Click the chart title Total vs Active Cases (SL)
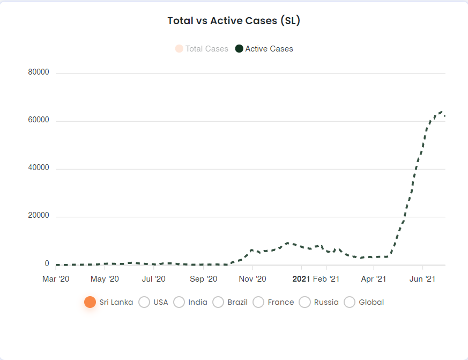(x=234, y=20)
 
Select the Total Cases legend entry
(x=202, y=49)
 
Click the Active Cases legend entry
(x=264, y=49)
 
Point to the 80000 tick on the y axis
(x=39, y=72)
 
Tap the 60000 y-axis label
(x=39, y=120)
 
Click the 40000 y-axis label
(x=39, y=167)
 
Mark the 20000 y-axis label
(x=39, y=215)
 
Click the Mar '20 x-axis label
(x=56, y=279)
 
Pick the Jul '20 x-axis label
(x=153, y=279)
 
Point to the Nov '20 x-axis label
(x=252, y=279)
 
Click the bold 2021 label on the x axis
(x=301, y=279)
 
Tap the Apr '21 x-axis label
(x=374, y=279)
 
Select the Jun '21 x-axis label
(x=422, y=279)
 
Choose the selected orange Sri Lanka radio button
(x=90, y=302)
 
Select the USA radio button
(x=144, y=302)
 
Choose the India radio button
(x=179, y=302)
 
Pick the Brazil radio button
(x=218, y=302)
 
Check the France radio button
(x=258, y=302)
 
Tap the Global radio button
(x=350, y=302)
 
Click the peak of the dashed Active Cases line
(x=441, y=112)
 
